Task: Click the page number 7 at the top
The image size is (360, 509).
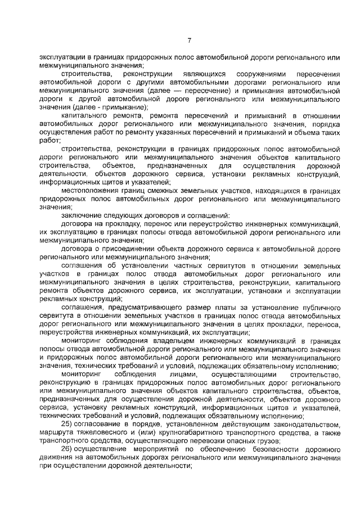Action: click(190, 40)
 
